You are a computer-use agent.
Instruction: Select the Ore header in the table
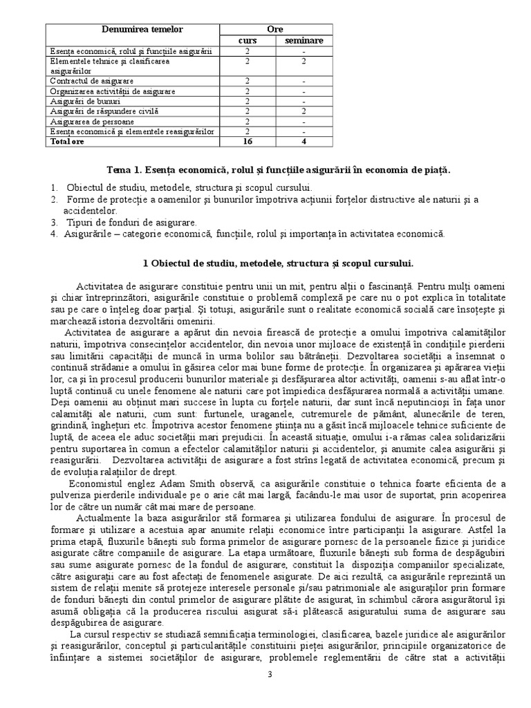point(276,30)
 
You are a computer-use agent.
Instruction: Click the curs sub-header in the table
point(247,41)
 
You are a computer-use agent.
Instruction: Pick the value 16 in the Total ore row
point(247,141)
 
